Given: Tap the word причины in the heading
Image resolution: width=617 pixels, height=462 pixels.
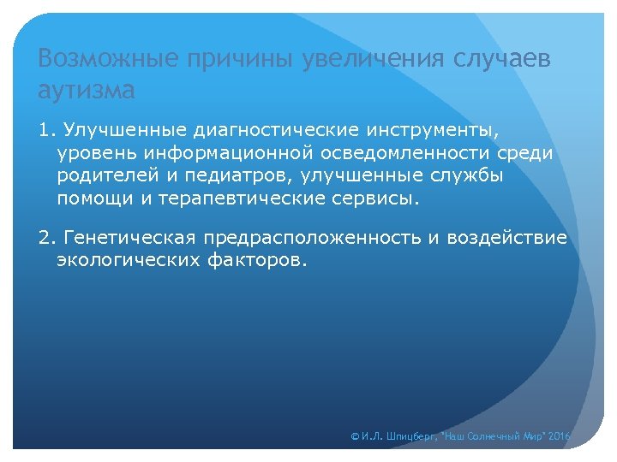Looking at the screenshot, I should (236, 60).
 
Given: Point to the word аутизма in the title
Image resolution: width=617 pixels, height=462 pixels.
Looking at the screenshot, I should (87, 89).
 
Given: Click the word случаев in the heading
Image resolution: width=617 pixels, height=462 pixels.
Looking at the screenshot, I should (501, 60).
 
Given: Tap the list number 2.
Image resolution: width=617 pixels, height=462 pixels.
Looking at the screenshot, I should (45, 237).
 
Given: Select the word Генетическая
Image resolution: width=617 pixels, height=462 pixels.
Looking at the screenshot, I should (128, 237).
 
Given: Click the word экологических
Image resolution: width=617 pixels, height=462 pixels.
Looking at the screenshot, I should (129, 259).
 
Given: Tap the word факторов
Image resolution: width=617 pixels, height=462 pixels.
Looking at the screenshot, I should (256, 259).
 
